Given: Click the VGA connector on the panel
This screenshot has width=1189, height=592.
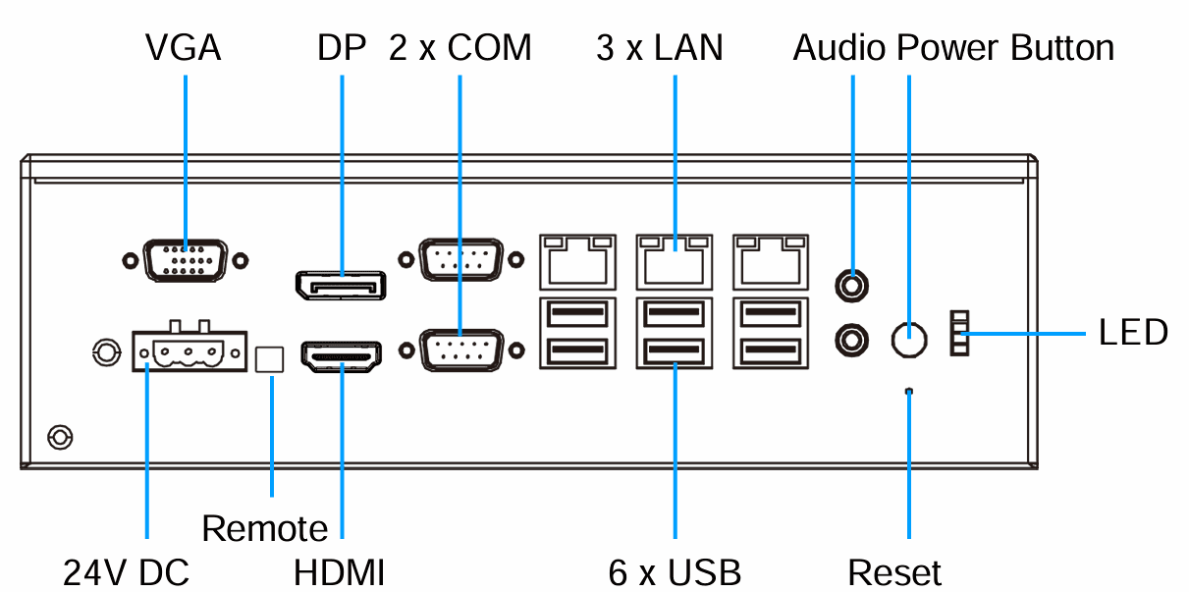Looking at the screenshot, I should pos(186,261).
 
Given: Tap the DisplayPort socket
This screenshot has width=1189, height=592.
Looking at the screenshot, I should pos(340,285).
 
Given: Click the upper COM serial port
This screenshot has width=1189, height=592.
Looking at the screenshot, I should pos(459,260).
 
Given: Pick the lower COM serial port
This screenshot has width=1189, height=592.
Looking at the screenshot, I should pos(459,350).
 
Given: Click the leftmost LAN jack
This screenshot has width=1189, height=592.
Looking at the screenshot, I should pos(576,259).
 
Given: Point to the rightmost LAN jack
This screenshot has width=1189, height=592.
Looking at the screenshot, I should pos(772,259).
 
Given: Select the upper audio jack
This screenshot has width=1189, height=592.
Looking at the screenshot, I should pos(851,286).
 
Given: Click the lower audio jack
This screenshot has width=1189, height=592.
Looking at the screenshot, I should pos(851,340).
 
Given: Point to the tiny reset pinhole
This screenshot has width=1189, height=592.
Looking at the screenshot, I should pos(908,392).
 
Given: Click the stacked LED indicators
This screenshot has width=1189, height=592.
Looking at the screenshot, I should pos(959,334).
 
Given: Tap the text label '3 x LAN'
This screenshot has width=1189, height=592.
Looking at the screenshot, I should pos(659,47).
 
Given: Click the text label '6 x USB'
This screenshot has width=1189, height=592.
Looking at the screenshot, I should pos(675,571).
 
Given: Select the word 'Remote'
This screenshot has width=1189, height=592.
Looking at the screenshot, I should pos(265,529).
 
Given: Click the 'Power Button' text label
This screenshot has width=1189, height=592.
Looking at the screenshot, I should pos(1005,47).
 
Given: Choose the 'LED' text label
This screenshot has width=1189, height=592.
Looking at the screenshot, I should pos(1133,333).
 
